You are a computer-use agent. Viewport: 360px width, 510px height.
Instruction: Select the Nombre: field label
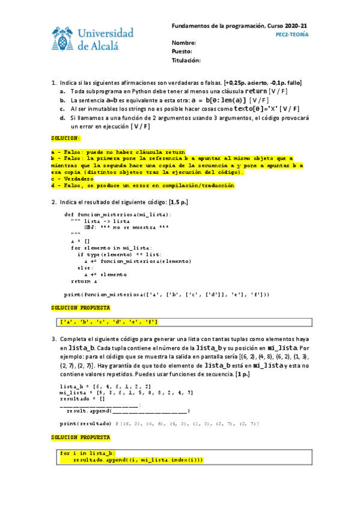point(184,43)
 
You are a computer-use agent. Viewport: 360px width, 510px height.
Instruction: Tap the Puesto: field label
point(183,52)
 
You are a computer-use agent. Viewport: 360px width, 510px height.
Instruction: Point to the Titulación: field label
point(186,61)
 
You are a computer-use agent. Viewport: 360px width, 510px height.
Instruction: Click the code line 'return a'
point(84,281)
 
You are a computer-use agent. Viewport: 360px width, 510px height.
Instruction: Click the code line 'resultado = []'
point(82,399)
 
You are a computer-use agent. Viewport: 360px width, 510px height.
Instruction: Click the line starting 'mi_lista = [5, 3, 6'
point(118,392)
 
